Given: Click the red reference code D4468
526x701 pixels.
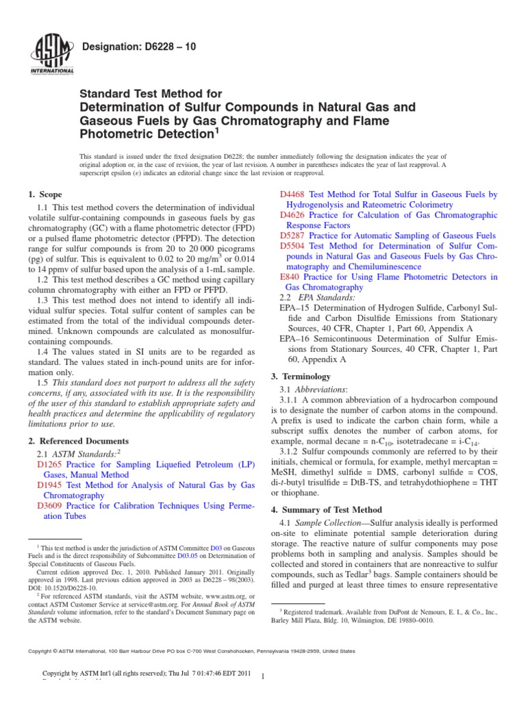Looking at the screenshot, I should tap(294, 194).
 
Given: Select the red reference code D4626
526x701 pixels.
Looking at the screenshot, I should tap(294, 215).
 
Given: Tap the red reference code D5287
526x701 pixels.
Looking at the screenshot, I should tap(294, 235).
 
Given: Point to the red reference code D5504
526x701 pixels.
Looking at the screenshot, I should tap(294, 246).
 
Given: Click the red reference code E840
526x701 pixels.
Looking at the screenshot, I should tap(290, 277).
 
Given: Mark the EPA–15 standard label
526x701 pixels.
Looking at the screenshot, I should tap(295, 309).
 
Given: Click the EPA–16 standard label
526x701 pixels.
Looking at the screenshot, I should tap(295, 340).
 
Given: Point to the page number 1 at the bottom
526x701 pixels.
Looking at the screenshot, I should tap(263, 676).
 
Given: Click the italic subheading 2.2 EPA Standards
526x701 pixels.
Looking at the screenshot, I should tap(317, 298).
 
